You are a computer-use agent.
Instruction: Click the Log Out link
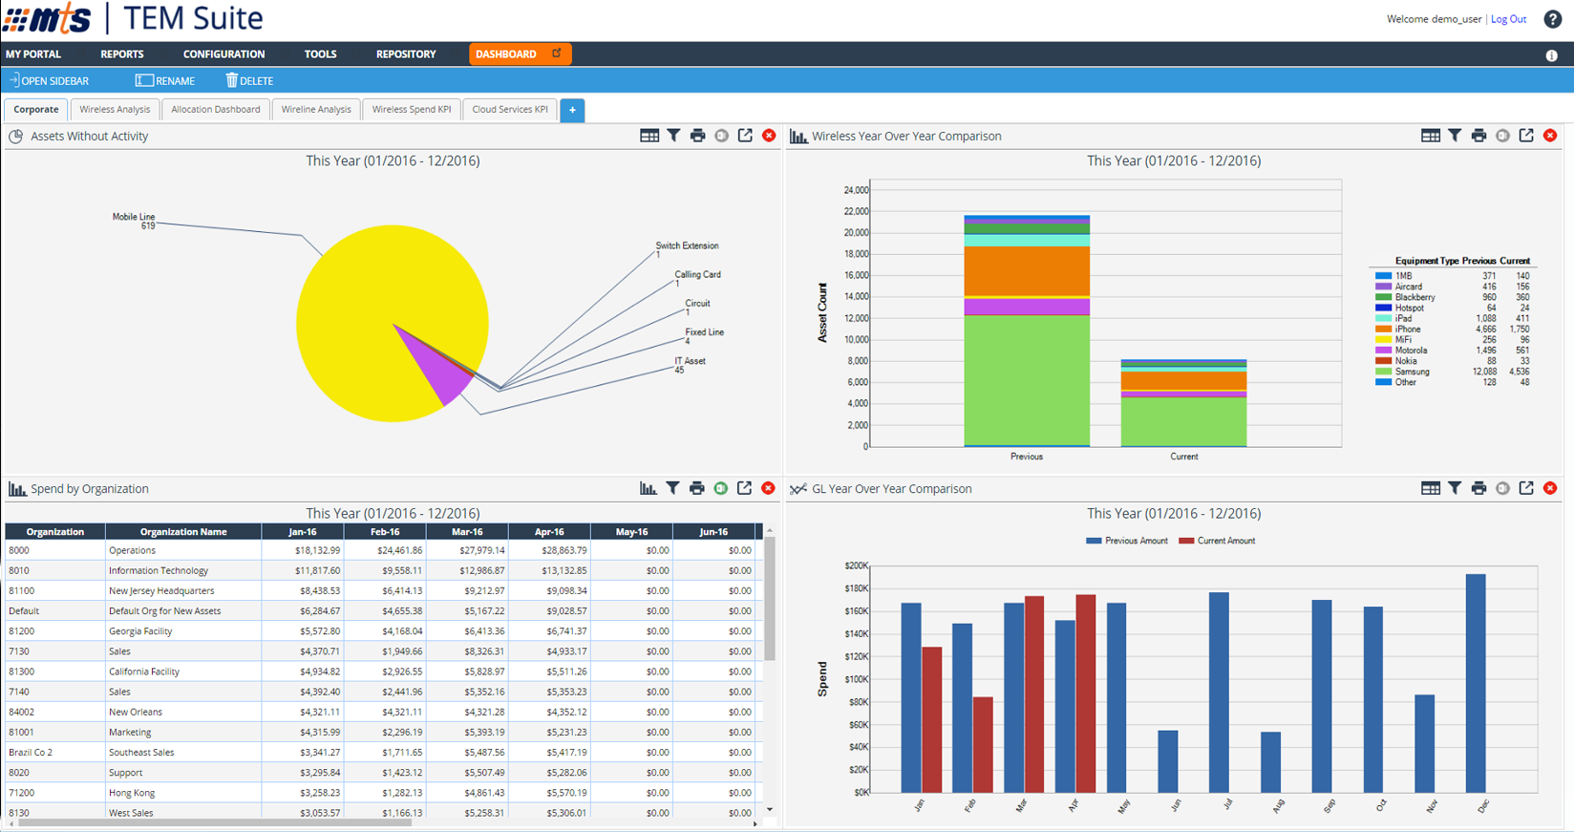pos(1508,19)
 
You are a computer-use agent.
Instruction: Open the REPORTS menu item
pos(122,54)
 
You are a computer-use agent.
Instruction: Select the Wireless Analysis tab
pos(115,110)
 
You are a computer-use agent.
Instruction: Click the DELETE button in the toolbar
pos(249,81)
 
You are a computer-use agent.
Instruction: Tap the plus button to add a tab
pos(572,110)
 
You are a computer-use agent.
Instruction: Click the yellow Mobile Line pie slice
pos(382,287)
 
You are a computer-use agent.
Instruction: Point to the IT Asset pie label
pos(690,361)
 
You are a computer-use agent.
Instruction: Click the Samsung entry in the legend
pos(1412,372)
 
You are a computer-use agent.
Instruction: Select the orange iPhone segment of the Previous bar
pos(1027,271)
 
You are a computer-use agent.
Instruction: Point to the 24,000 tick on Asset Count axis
pos(855,190)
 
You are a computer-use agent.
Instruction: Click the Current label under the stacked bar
pos(1183,457)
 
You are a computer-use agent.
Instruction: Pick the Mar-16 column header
pos(467,532)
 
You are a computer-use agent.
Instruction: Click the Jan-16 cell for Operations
pos(303,550)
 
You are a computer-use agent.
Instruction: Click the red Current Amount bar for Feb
pos(983,745)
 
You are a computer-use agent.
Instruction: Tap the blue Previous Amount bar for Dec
pos(1476,683)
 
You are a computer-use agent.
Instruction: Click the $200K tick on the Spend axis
pos(856,565)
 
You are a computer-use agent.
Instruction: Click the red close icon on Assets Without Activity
pos(769,136)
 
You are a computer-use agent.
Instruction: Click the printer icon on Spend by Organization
pos(697,489)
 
